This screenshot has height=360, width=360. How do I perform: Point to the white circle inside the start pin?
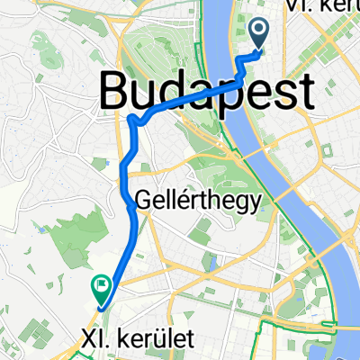259,31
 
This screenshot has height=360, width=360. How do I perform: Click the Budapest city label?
206,91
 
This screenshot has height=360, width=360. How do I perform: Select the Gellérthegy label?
199,199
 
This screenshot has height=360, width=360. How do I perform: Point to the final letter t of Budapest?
306,91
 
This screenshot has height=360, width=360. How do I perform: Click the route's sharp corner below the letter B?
132,119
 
